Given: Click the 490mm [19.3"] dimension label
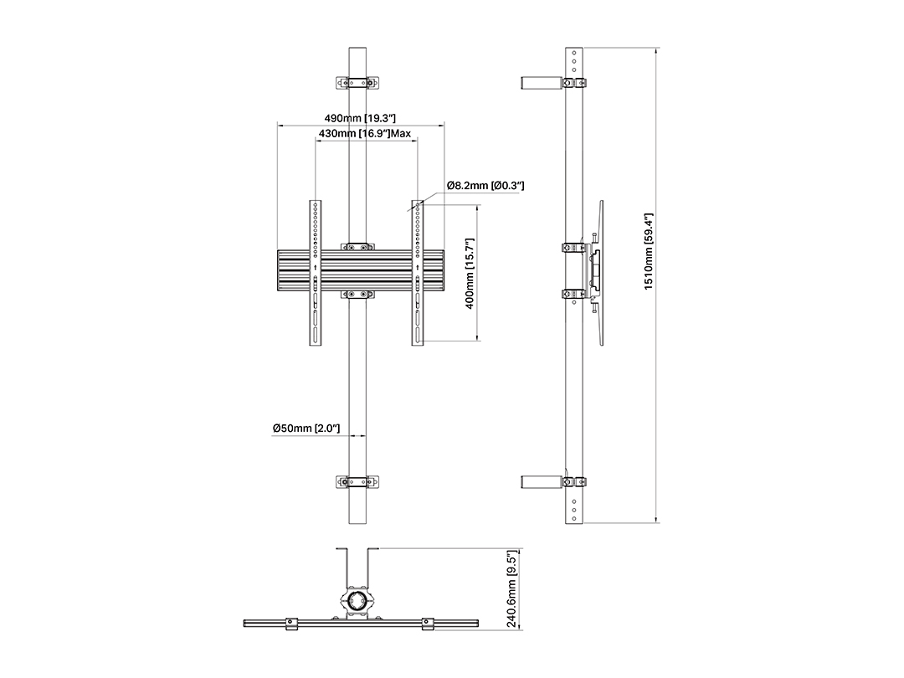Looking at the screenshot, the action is coord(360,118).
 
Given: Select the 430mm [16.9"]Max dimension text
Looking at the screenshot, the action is coord(365,134).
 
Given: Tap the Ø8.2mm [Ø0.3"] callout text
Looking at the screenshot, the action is coord(485,186).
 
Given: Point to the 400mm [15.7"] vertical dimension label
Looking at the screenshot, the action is coord(470,273).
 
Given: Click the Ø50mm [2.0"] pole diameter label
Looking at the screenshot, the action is coord(306,429).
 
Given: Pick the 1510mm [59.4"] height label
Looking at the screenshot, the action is coord(649,251).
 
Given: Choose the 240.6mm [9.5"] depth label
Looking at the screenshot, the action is coord(512,588).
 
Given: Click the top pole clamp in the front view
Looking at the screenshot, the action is coord(357,82).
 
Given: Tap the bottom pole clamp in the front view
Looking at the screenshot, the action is coord(357,482).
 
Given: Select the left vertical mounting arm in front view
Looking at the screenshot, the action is coord(316,273).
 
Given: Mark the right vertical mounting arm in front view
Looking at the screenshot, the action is coord(418,273).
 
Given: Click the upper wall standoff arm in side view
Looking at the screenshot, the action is coord(542,82).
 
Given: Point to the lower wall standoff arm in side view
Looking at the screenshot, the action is coord(542,482).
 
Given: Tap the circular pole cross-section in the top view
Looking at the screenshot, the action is coord(357,601).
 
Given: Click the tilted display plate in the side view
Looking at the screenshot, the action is coord(601,273).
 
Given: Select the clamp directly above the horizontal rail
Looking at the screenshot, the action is coord(357,247).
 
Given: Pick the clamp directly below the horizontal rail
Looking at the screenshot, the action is coord(357,295).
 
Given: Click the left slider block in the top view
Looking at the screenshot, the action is coord(292,624).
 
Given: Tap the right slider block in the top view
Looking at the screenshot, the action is coord(428,624).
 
